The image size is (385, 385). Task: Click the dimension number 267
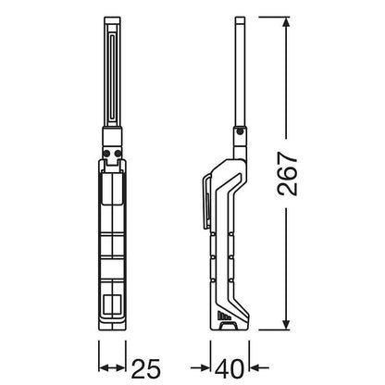pyautogui.click(x=288, y=173)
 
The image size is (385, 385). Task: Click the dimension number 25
pyautogui.click(x=146, y=368)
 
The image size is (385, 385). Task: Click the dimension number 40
pyautogui.click(x=230, y=368)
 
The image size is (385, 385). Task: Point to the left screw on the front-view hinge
pyautogui.click(x=106, y=154)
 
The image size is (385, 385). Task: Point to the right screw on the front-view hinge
pyautogui.click(x=118, y=154)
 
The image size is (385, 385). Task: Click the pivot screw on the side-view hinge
pyautogui.click(x=241, y=132)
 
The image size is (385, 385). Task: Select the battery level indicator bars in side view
pyautogui.click(x=224, y=316)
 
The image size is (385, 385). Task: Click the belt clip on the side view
pyautogui.click(x=206, y=202)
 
